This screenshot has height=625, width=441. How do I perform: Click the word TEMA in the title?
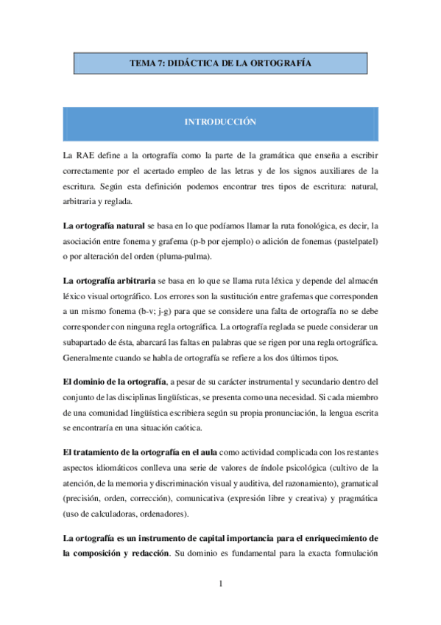click(x=143, y=64)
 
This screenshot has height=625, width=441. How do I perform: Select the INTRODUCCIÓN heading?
click(x=221, y=122)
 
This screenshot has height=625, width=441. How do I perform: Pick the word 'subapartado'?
click(x=87, y=343)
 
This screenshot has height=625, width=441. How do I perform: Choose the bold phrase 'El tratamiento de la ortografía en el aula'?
click(x=140, y=451)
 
